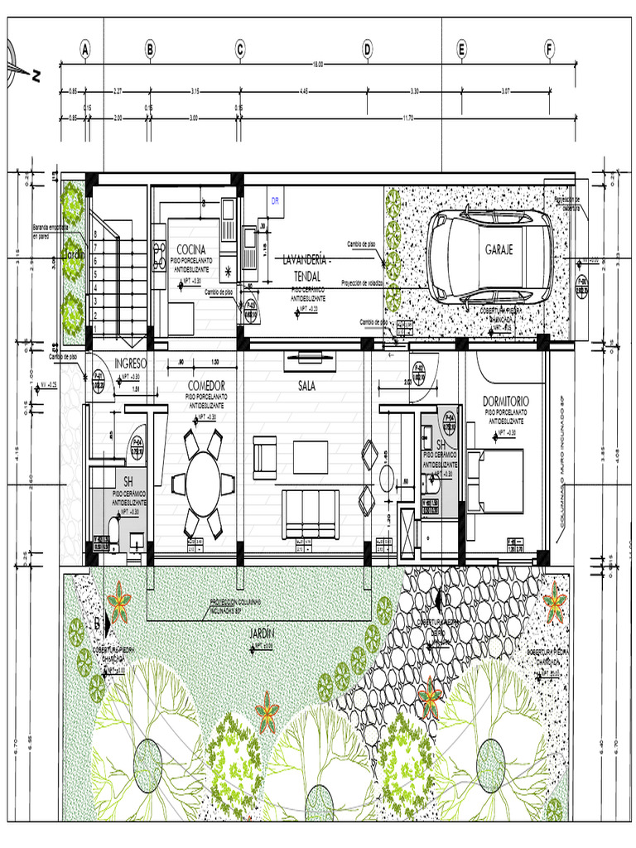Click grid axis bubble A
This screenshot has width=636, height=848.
85,50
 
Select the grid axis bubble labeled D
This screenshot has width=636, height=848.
367,50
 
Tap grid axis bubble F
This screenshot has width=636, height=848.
548,50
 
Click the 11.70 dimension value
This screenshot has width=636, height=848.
407,118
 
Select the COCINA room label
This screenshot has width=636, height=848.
190,250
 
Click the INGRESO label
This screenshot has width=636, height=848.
131,363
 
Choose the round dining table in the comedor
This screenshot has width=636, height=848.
203,484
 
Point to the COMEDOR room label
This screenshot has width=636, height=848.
206,386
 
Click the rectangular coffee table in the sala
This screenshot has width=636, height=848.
311,456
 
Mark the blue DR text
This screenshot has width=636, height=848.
277,200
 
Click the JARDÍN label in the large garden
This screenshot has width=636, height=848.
262,634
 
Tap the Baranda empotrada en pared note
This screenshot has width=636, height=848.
50,231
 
